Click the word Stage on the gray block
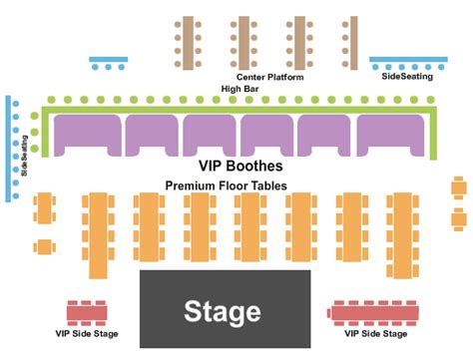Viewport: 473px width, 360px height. [x=222, y=312]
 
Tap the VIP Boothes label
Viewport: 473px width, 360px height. [x=240, y=167]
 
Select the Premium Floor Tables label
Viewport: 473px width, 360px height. [x=226, y=185]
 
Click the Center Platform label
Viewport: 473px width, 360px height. [x=269, y=77]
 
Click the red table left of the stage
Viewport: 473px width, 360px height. [x=86, y=312]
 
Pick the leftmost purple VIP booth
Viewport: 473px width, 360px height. [x=86, y=134]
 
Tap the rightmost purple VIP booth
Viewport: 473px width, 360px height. [x=390, y=134]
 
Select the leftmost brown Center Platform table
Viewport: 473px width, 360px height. [x=185, y=42]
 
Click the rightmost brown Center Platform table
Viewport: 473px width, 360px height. [x=349, y=42]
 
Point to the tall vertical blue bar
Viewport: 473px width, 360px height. [x=8, y=149]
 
